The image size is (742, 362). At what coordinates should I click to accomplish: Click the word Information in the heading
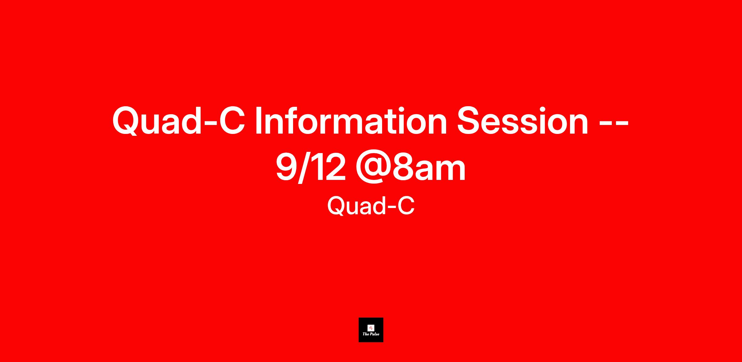pos(351,121)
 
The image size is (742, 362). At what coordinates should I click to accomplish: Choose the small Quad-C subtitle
pos(371,206)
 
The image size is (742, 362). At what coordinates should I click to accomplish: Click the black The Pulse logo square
pos(371,330)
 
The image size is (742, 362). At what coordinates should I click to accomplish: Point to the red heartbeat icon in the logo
pos(371,328)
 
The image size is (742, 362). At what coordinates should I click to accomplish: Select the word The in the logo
pos(365,334)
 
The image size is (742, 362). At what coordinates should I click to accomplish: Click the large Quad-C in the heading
pos(179,121)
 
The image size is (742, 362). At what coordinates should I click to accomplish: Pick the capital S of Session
pos(468,121)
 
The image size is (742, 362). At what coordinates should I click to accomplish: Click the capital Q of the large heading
pos(126,122)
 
